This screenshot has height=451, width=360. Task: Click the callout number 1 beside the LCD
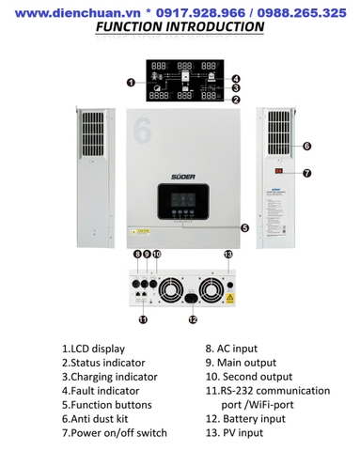click(131, 83)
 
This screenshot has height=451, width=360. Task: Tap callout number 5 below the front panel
click(244, 227)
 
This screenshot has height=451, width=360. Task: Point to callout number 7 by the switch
click(306, 173)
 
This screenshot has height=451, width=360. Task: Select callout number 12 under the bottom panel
click(192, 319)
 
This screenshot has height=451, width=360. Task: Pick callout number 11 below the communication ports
click(143, 319)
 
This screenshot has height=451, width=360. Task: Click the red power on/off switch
click(279, 173)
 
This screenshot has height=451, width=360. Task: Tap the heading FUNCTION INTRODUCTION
click(180, 27)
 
